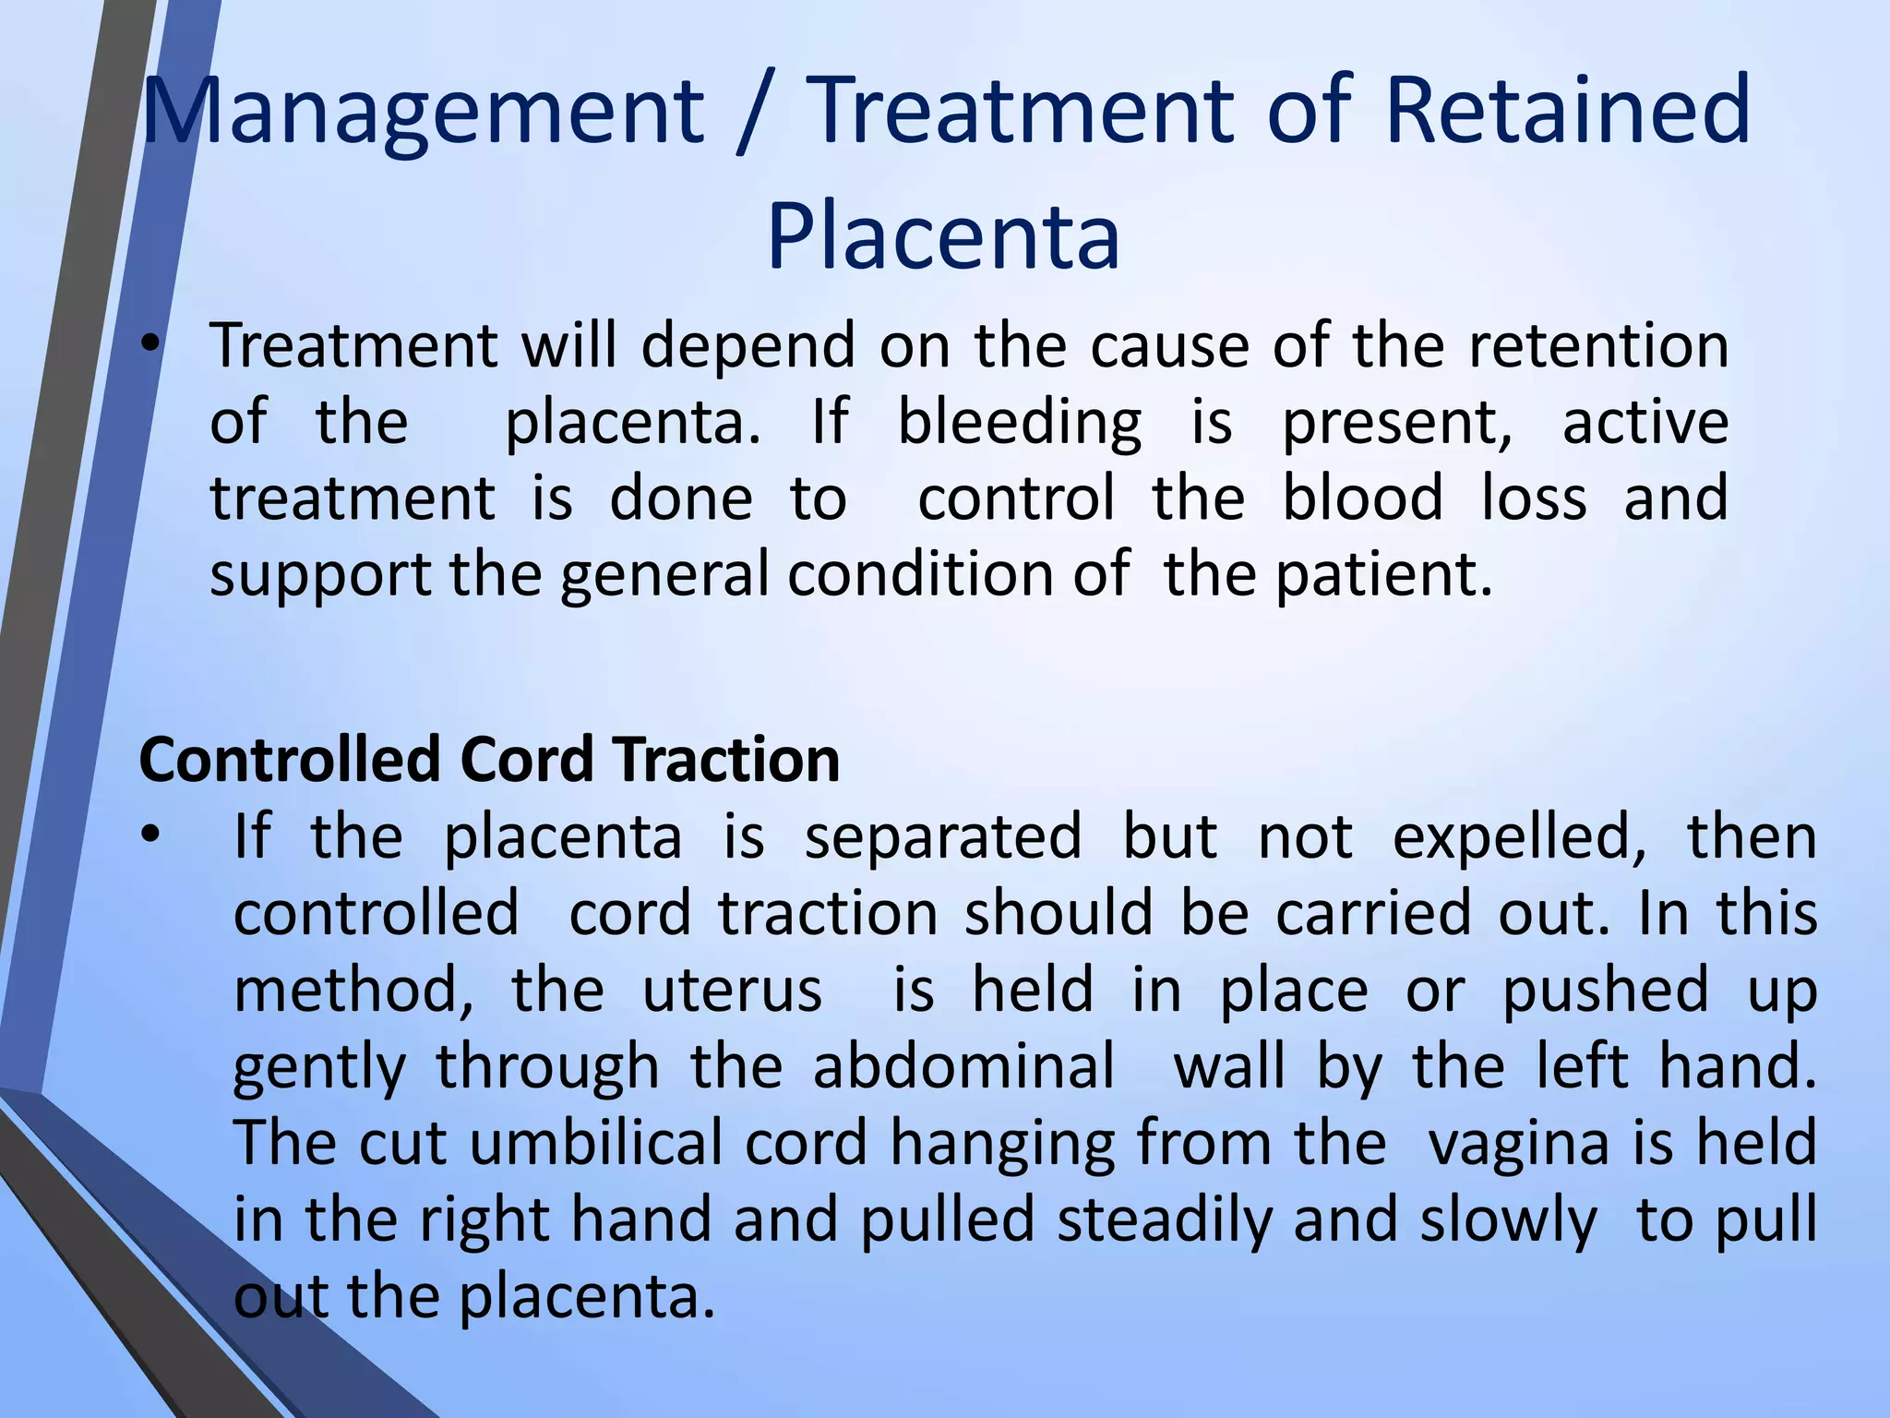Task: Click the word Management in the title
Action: pos(423,113)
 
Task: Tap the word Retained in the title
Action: pos(1567,113)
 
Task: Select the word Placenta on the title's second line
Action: pos(943,238)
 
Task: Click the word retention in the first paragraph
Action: pos(1597,346)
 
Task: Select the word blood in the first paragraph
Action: pos(1362,499)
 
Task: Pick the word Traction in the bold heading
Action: pos(728,761)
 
